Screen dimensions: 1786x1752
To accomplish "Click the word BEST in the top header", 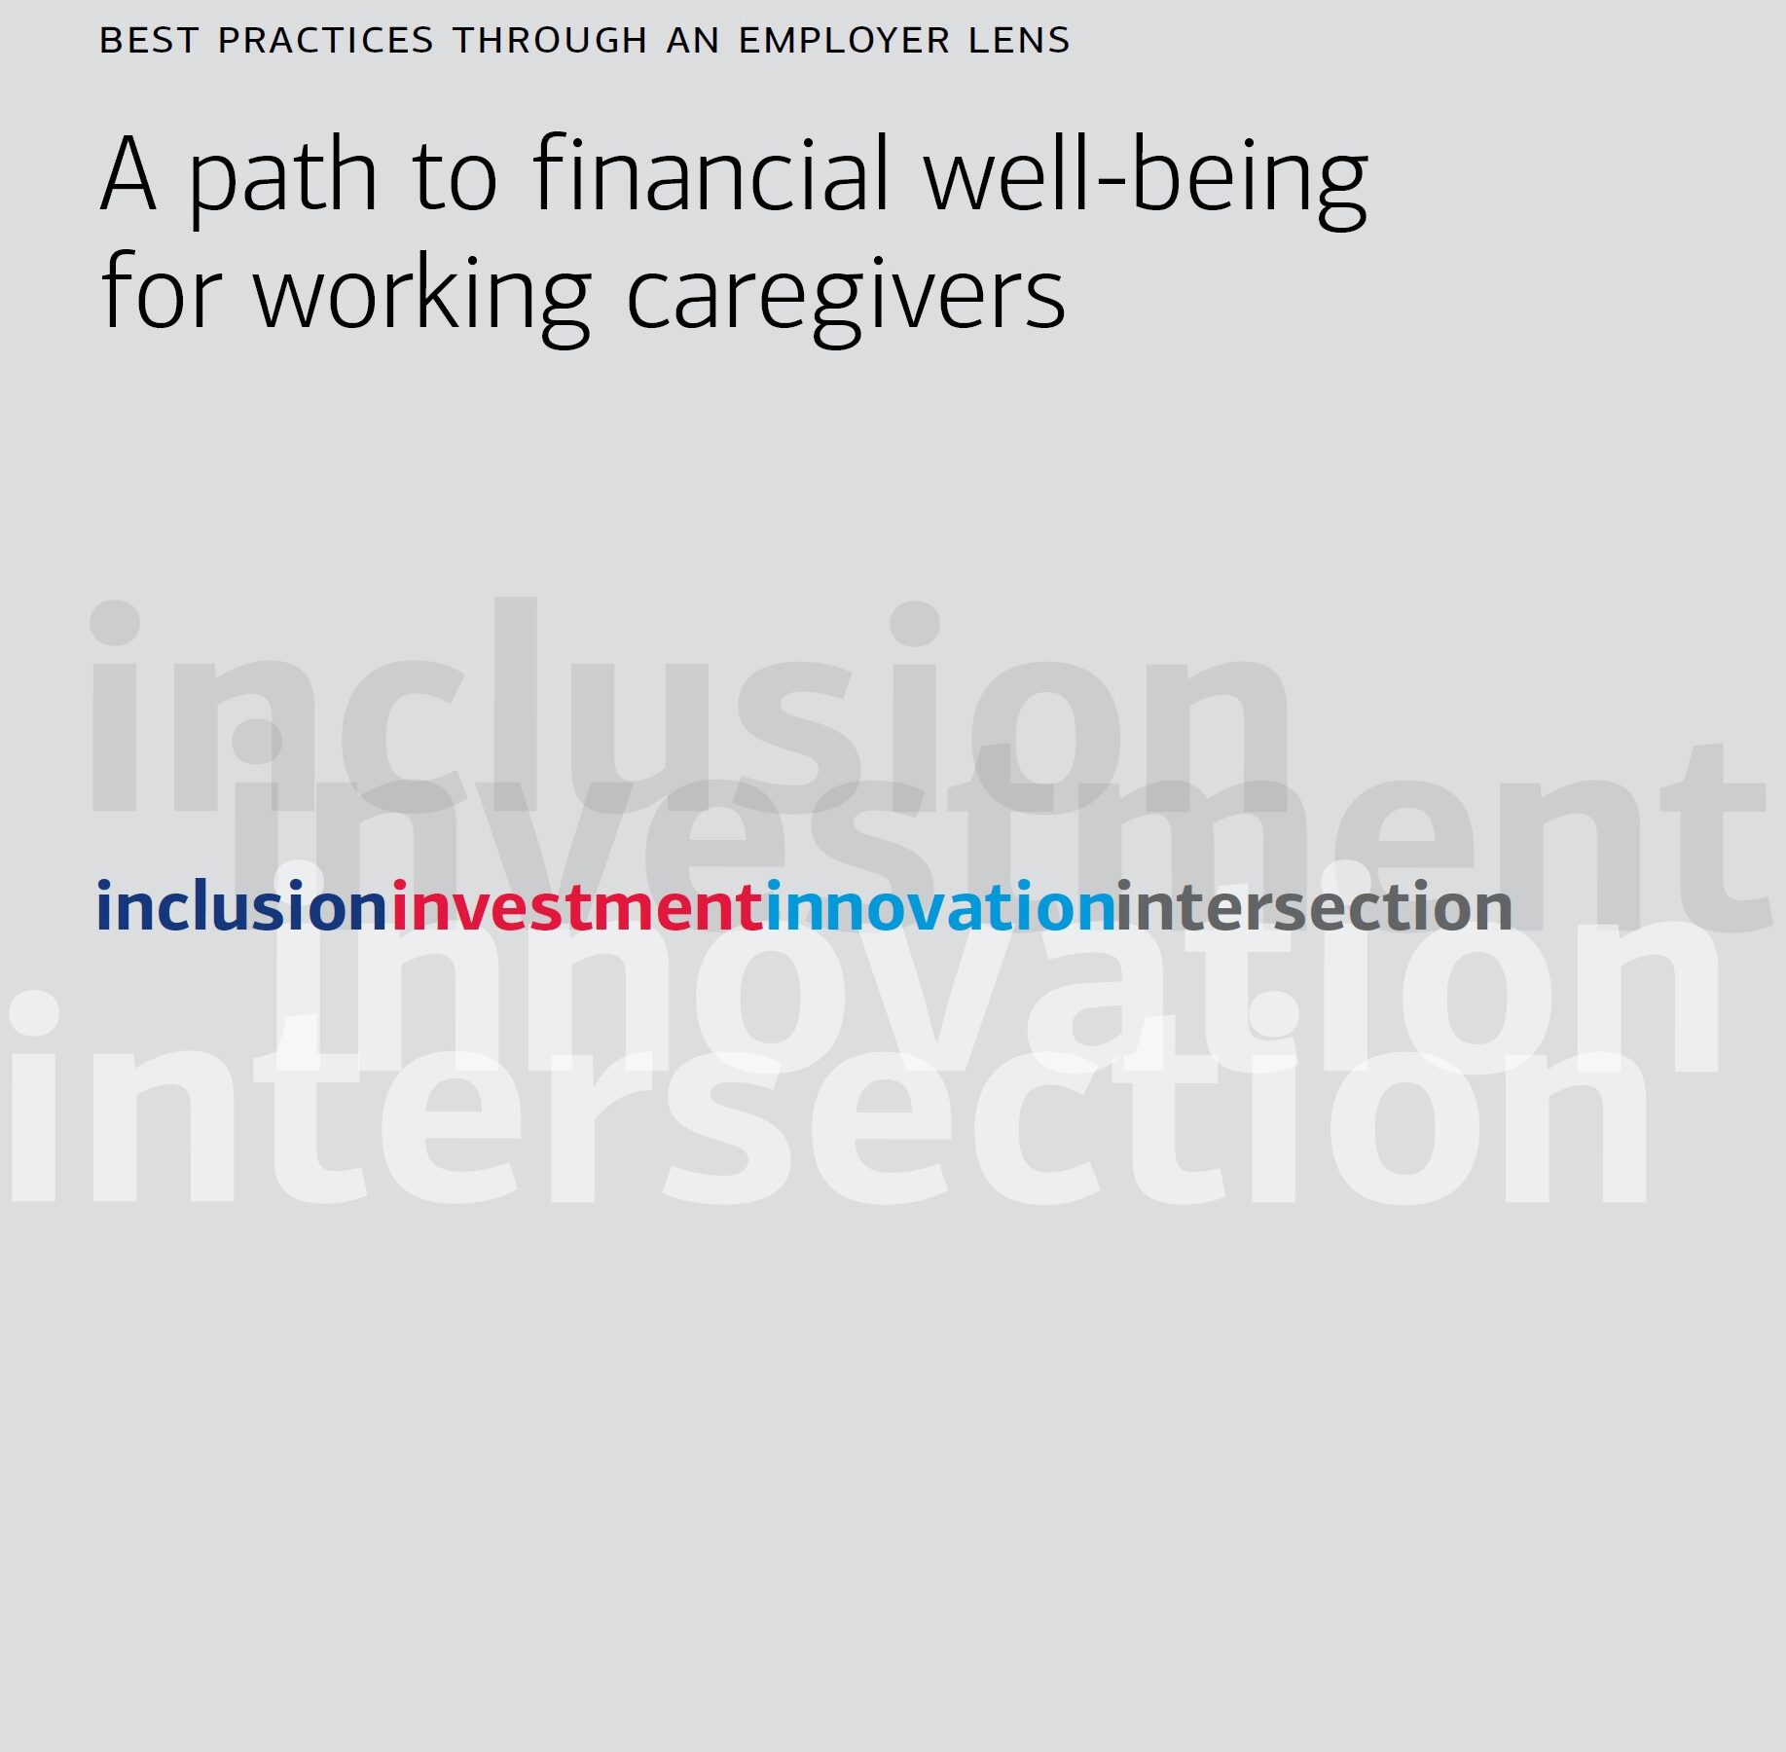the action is coord(149,41).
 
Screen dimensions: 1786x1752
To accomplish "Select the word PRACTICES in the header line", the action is coord(326,41).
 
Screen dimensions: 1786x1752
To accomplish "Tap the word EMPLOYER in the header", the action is coord(845,41).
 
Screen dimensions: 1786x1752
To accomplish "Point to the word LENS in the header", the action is coord(1019,41).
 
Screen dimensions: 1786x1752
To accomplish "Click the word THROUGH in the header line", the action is coord(551,41).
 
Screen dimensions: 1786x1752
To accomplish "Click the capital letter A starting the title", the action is coord(128,175).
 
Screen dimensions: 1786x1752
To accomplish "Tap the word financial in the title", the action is coord(711,172).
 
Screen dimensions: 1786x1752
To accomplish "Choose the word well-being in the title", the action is coord(1147,180).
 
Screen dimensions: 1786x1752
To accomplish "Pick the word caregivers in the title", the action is coord(846,298).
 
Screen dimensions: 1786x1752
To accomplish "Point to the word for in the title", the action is coord(162,290).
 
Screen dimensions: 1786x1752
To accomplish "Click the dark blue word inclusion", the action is coord(242,906).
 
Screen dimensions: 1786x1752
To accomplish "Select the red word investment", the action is coord(577,906).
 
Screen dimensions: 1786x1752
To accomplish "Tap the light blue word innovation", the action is coord(940,906).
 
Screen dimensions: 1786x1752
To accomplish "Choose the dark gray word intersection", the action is coord(1314,906).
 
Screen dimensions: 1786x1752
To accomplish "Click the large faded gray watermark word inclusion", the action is coord(690,705).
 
